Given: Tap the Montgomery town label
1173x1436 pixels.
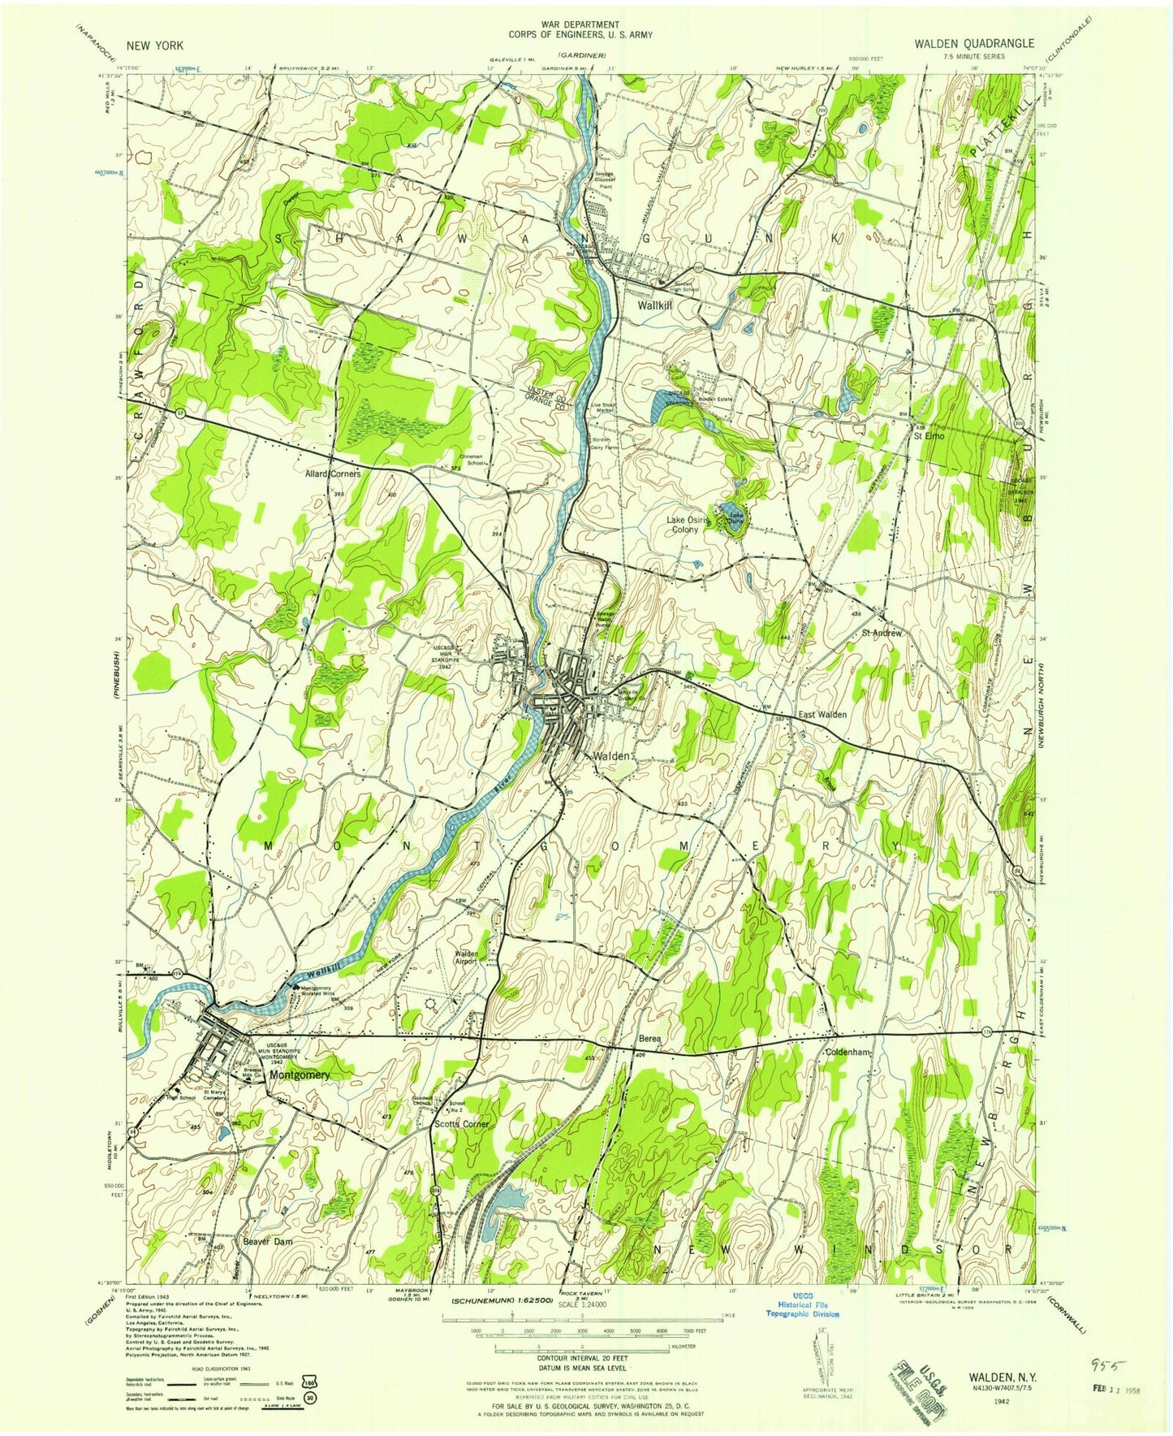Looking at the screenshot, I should click(x=300, y=1075).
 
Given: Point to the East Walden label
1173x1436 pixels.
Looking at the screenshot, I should click(x=822, y=715).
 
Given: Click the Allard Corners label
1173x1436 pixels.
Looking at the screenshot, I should click(x=332, y=473).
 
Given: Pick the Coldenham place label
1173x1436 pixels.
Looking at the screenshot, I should click(x=848, y=1053).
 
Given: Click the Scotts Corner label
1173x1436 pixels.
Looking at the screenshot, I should click(x=461, y=1124).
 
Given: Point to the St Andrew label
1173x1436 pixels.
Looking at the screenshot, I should click(x=882, y=633).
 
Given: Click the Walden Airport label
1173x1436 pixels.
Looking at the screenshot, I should click(x=466, y=958).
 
